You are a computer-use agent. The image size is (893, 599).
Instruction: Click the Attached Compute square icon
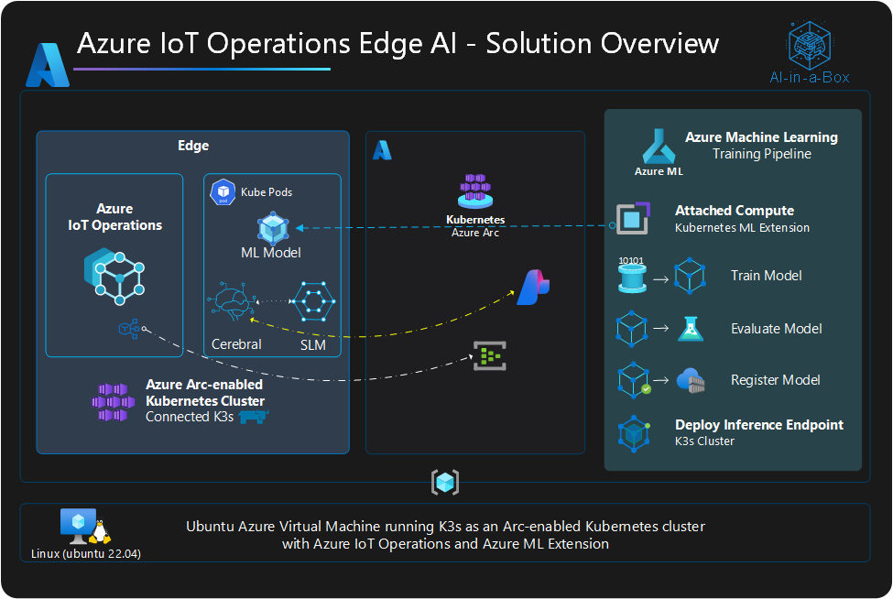coord(632,218)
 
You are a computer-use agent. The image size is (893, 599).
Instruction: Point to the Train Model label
coord(766,276)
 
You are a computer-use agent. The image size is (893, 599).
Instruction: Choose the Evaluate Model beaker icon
coord(689,328)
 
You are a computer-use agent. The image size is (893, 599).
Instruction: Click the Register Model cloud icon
coord(689,379)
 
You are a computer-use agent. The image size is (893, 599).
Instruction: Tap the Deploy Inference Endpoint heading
coord(759,425)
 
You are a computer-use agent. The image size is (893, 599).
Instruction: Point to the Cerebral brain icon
coord(230,303)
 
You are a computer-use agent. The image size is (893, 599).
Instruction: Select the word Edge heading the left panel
coord(192,146)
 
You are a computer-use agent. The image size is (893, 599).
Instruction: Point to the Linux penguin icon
coord(100,529)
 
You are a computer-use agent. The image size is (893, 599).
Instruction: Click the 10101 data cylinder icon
coord(632,275)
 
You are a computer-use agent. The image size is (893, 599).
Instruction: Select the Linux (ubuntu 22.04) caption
coord(85,553)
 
